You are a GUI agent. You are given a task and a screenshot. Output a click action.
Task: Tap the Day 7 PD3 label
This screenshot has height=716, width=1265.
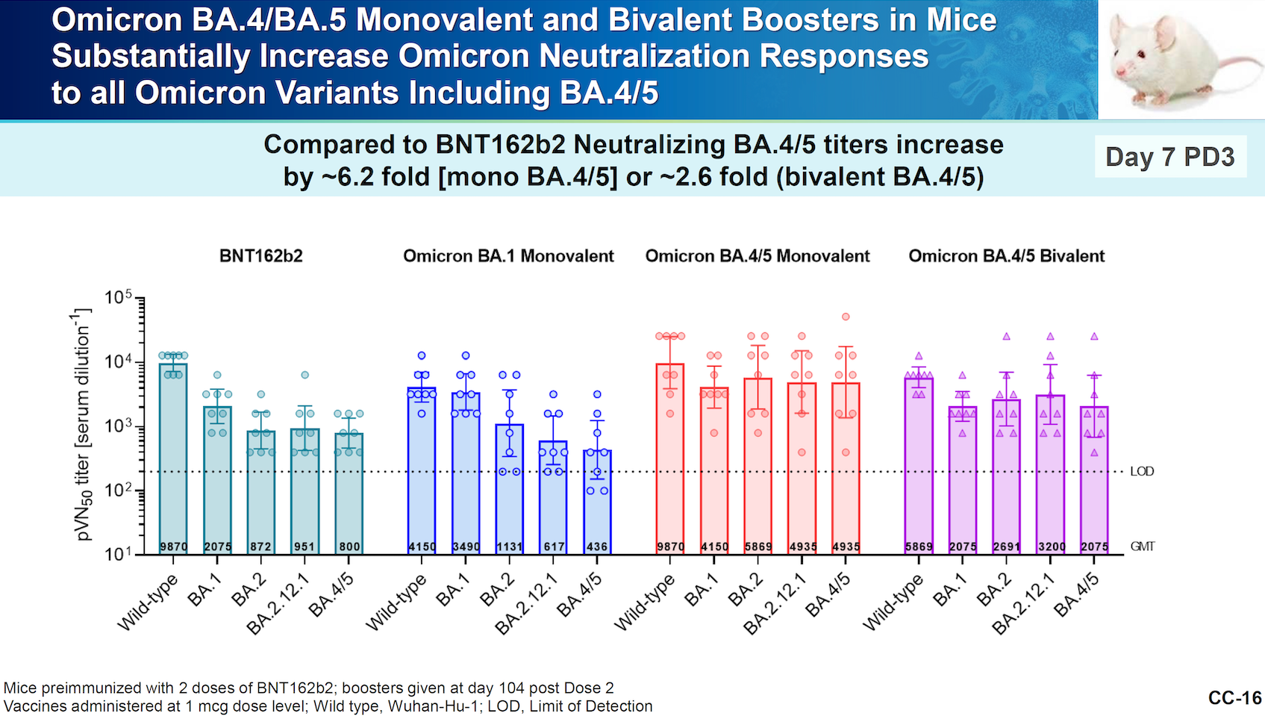(1169, 157)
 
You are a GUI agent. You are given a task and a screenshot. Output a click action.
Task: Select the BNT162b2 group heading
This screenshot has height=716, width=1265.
(260, 256)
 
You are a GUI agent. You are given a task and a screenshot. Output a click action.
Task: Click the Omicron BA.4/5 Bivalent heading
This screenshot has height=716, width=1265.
(1006, 256)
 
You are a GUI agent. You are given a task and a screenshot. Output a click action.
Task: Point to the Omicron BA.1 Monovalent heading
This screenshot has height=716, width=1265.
(508, 256)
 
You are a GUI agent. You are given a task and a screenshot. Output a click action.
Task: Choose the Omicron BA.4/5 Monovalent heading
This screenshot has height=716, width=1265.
(757, 256)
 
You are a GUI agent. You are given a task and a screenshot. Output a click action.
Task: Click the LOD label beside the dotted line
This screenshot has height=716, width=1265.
(1142, 471)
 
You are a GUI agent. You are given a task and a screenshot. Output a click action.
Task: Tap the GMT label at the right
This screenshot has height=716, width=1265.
(1142, 546)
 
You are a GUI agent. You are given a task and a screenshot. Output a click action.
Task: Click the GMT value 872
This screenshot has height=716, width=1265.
(260, 547)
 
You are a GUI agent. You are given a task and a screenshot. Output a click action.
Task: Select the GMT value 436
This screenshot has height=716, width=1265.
(597, 547)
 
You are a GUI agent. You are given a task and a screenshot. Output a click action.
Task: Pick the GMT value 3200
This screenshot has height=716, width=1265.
(1051, 547)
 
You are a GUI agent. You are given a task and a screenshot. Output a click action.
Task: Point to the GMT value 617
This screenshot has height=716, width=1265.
(554, 547)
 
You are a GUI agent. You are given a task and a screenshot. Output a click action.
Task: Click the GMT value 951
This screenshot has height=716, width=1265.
(304, 547)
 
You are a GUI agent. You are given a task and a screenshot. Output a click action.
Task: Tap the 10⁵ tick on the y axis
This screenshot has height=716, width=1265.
(118, 298)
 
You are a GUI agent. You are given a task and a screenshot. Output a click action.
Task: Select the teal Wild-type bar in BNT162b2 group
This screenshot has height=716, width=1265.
(173, 455)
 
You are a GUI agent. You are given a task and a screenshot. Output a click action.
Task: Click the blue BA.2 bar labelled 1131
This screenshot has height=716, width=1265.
(510, 485)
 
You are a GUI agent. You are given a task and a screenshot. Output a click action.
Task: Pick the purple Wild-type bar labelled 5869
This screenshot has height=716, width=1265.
(919, 463)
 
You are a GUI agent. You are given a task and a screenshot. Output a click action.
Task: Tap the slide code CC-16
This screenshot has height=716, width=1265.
(1234, 697)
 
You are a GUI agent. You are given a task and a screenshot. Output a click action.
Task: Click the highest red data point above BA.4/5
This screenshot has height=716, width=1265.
(846, 317)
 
